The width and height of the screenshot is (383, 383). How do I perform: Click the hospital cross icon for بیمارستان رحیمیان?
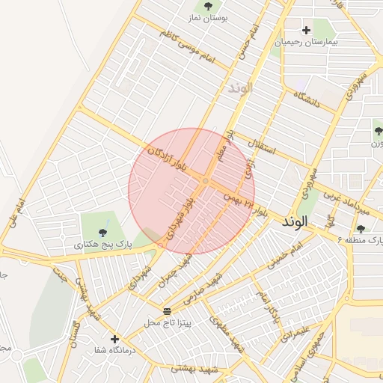306,31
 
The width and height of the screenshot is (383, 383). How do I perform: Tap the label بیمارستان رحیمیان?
306,43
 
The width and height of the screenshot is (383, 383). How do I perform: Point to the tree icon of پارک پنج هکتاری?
103,233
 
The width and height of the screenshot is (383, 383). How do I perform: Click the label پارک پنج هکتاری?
103,245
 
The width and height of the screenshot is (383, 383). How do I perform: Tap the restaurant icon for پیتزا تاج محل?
166,310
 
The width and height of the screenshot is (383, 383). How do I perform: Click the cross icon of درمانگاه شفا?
114,339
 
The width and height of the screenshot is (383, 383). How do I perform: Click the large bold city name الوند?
295,222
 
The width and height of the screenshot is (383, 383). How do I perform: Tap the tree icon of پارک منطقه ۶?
361,229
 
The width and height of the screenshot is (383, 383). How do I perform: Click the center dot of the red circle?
205,180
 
